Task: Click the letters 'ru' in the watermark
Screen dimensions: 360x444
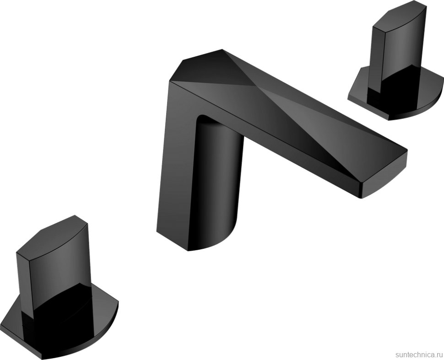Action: click(437, 353)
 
